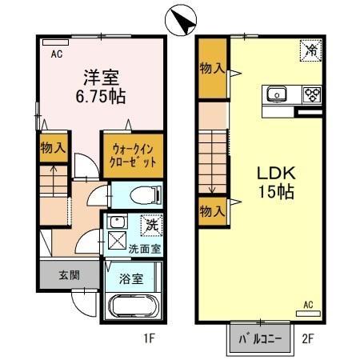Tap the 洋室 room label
coord(102,78)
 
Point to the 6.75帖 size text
coord(101,95)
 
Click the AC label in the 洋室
coord(58,55)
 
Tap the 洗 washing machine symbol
coord(150,226)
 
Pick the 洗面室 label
coord(144,248)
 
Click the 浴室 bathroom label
coord(132,279)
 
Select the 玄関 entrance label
coord(69,275)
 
